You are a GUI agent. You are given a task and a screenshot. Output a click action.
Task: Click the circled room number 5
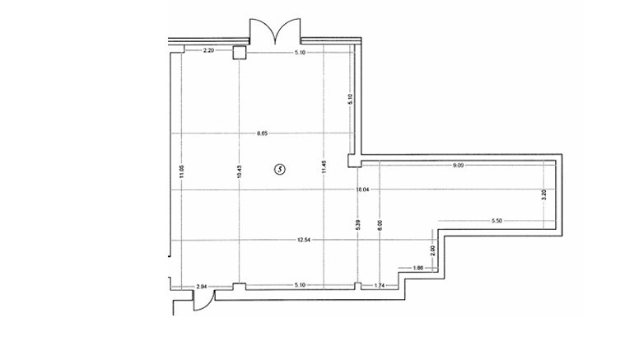click(x=279, y=170)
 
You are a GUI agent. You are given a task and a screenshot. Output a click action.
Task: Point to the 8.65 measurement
click(x=263, y=133)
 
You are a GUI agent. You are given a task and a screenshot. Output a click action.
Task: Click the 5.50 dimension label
click(x=496, y=221)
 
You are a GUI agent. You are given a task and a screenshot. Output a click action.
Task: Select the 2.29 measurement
click(x=209, y=52)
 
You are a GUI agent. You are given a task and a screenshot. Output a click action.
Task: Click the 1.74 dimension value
click(x=379, y=286)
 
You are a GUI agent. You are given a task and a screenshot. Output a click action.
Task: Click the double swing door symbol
click(x=274, y=31)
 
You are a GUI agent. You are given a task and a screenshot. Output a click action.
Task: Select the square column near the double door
click(x=239, y=53)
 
